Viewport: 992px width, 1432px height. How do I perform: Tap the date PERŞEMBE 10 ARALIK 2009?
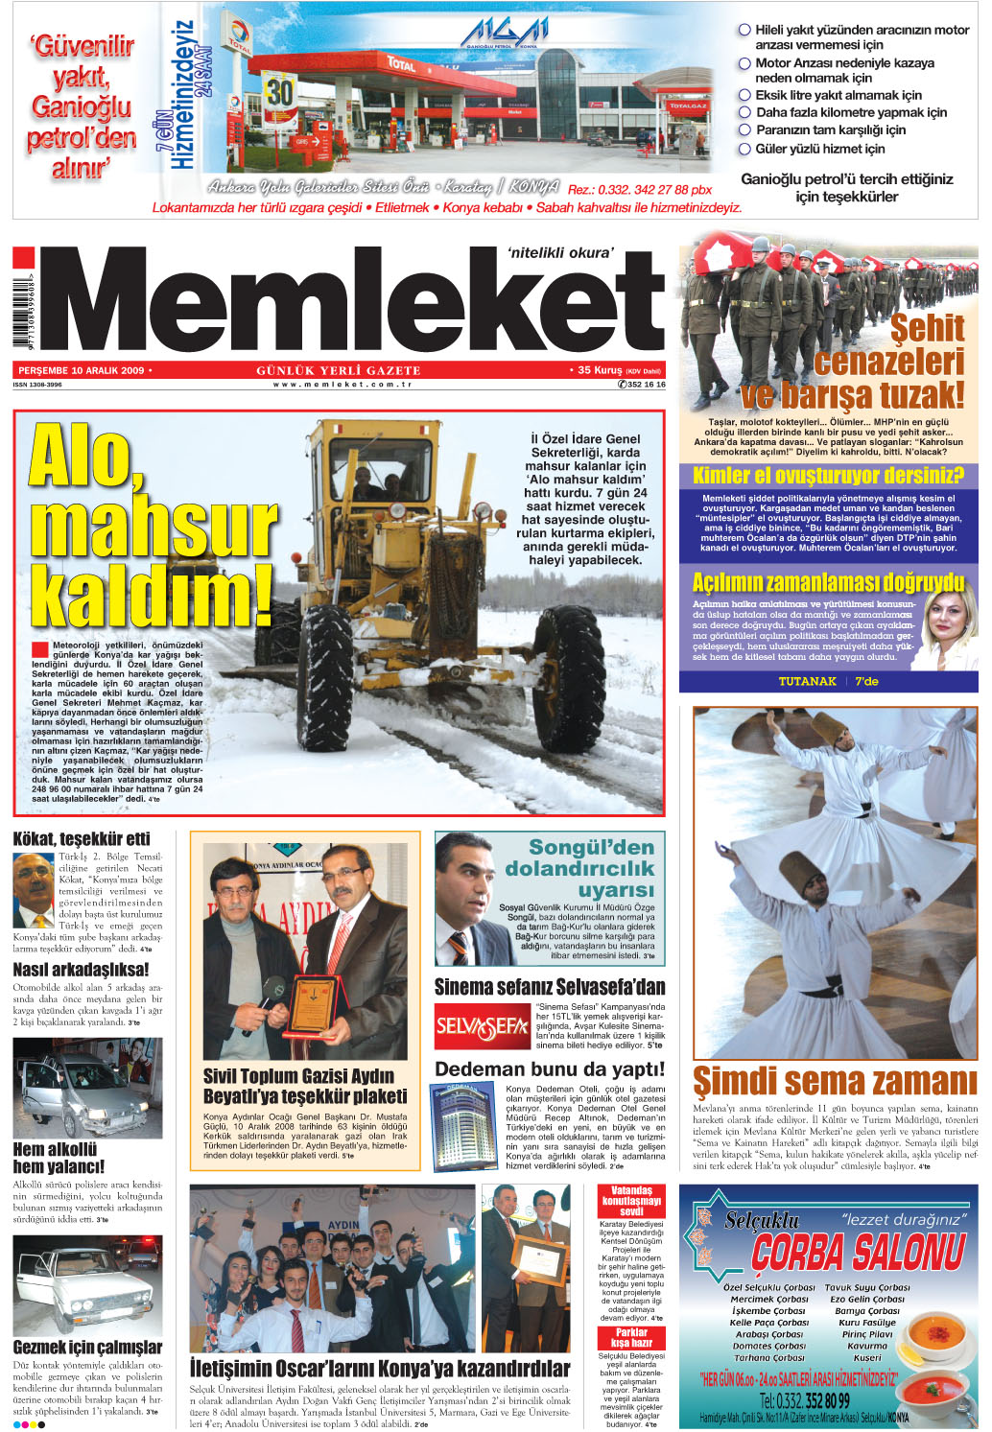[82, 370]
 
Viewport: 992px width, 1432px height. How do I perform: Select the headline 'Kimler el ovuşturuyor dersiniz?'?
[828, 476]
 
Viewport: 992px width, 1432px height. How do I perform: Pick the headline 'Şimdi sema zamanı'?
[834, 1081]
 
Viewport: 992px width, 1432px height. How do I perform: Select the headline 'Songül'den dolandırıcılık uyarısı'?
[579, 868]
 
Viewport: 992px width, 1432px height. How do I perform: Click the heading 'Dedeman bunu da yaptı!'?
[550, 1069]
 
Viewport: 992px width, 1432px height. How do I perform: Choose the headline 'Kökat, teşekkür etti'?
[82, 838]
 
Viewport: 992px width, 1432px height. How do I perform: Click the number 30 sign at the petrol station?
[279, 92]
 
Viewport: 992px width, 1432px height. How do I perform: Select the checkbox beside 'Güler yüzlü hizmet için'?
[744, 149]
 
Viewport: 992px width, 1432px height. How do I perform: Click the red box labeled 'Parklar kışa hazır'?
[631, 1338]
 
